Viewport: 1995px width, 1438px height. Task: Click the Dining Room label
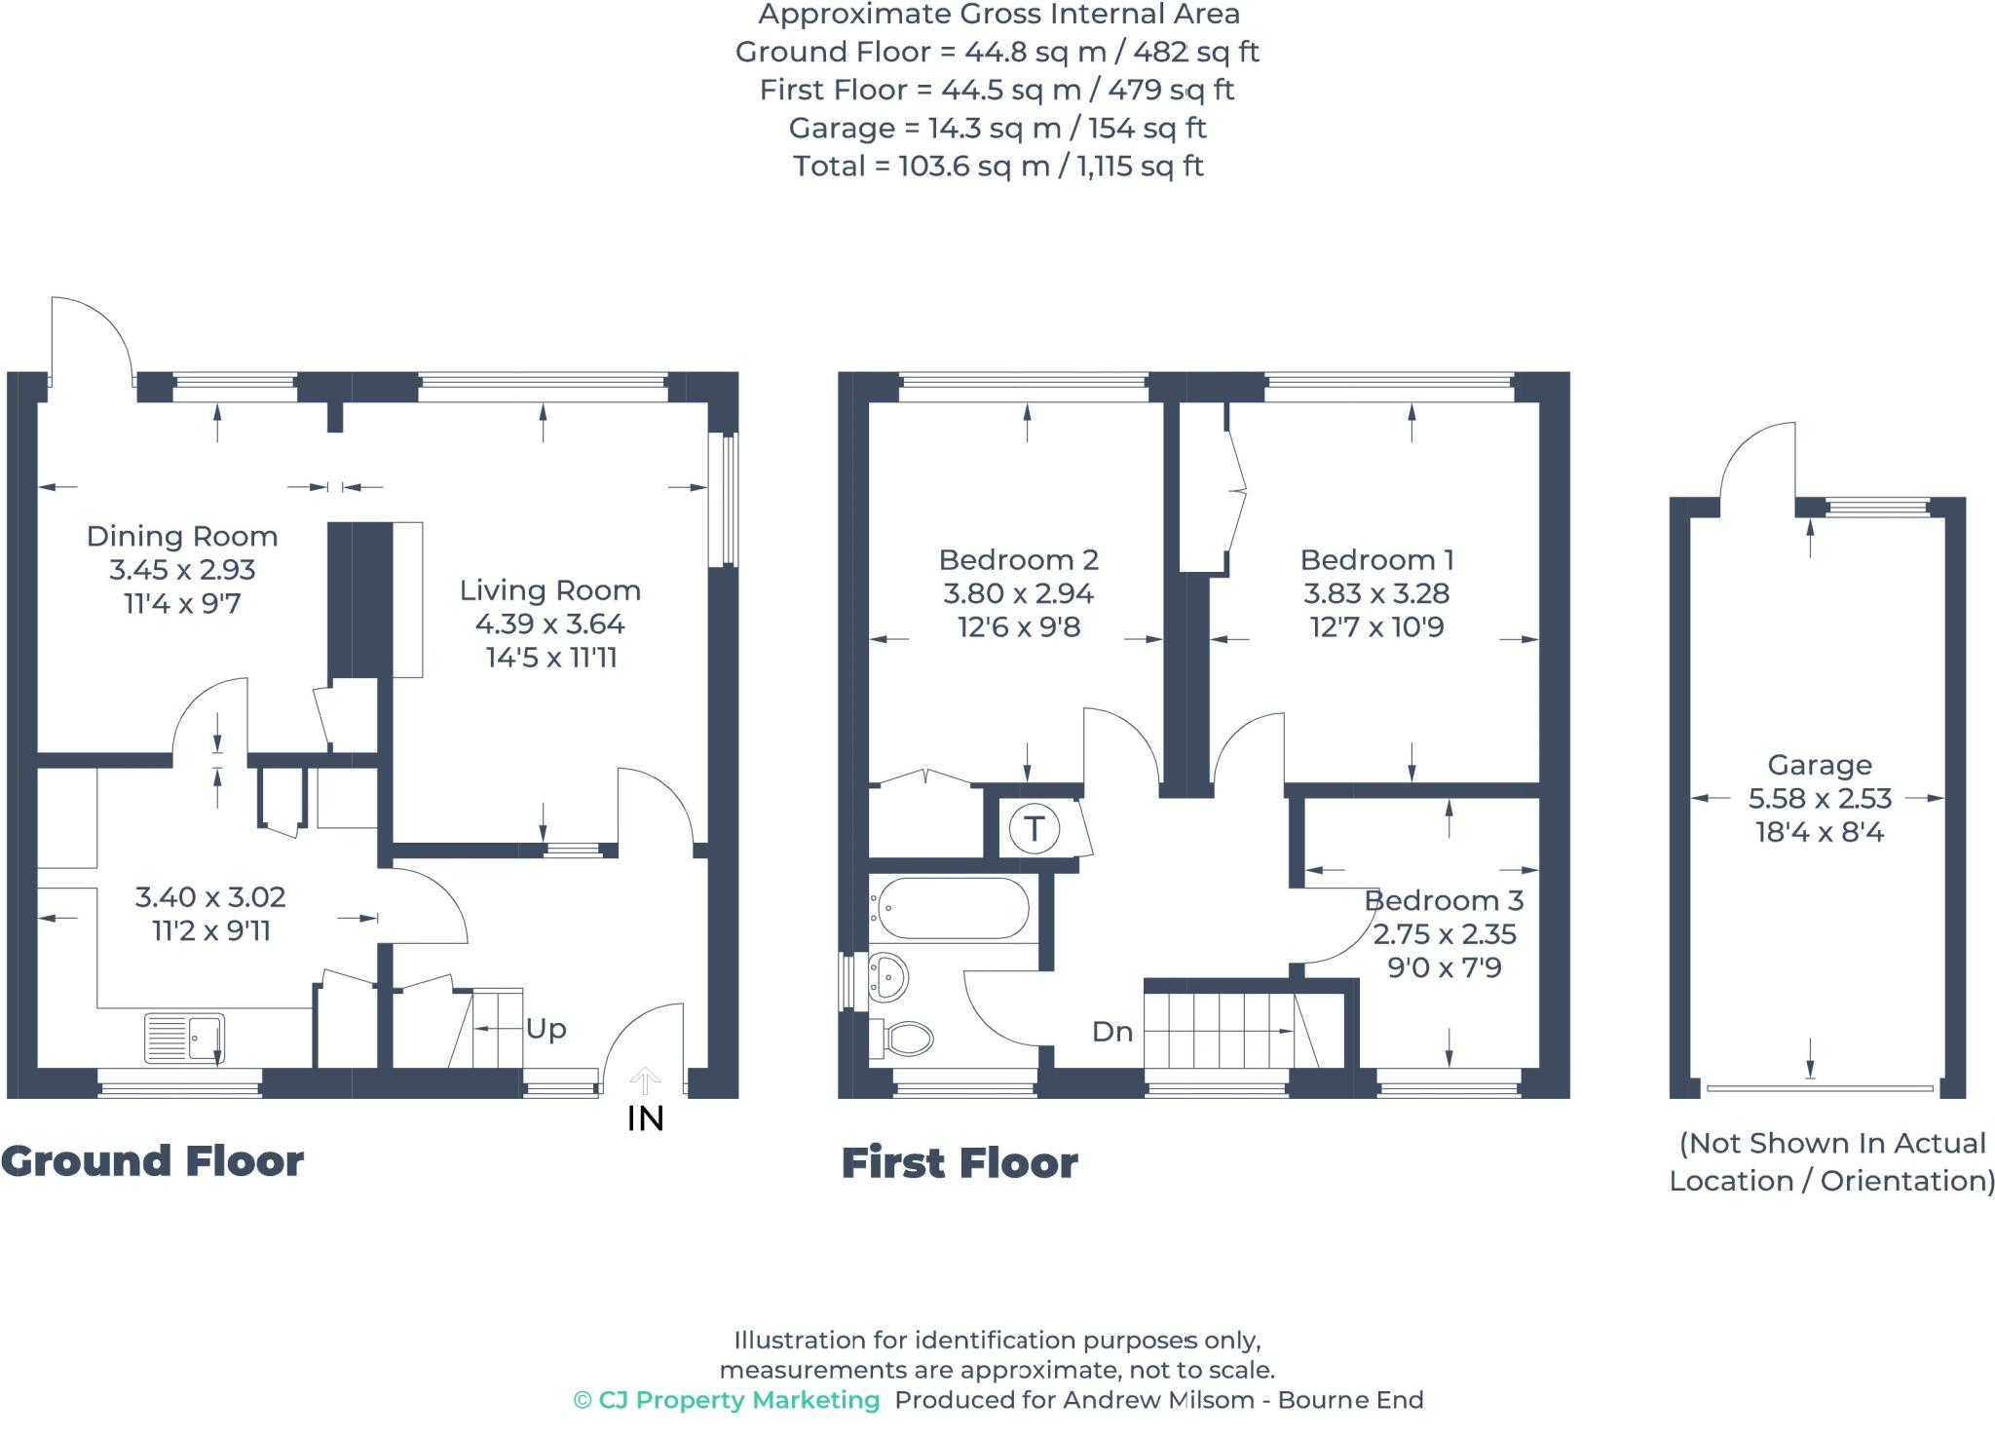tap(182, 536)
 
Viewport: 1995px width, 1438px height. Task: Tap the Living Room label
tap(550, 590)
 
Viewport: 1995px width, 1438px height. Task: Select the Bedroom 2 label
tap(1019, 560)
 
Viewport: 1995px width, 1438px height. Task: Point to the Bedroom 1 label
tap(1377, 560)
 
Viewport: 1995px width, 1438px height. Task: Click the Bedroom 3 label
tap(1444, 900)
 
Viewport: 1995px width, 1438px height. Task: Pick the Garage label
tap(1820, 765)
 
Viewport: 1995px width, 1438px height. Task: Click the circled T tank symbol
tap(1035, 829)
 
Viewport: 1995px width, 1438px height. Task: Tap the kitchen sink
tap(185, 1038)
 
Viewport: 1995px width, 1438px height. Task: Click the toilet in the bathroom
tap(901, 1038)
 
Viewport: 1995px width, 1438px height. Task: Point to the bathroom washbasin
tap(886, 977)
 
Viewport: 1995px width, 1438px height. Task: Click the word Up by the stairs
tap(546, 1030)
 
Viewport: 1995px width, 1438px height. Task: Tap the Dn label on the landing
tap(1112, 1032)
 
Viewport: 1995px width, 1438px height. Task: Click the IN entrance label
tap(646, 1119)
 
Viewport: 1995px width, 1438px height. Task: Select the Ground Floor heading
tap(152, 1161)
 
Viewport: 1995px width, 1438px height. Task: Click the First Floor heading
tap(960, 1163)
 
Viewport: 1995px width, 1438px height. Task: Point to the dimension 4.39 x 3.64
tap(550, 624)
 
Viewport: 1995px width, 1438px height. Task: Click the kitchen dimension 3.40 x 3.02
tap(210, 897)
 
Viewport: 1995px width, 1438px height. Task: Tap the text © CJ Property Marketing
tap(727, 1400)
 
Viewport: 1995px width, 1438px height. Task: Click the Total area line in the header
tap(998, 167)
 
